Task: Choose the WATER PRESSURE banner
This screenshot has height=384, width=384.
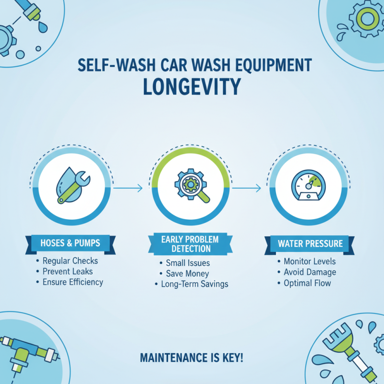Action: [x=311, y=243]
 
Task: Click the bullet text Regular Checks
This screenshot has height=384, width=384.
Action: [x=70, y=261]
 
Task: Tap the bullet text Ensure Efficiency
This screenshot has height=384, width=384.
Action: [x=72, y=282]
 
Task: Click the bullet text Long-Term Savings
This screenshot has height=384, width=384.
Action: [x=194, y=284]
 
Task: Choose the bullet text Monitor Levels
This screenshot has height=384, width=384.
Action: [x=310, y=262]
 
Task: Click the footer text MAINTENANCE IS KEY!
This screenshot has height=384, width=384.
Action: [x=192, y=358]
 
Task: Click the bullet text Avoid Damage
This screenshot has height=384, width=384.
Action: [x=310, y=272]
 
